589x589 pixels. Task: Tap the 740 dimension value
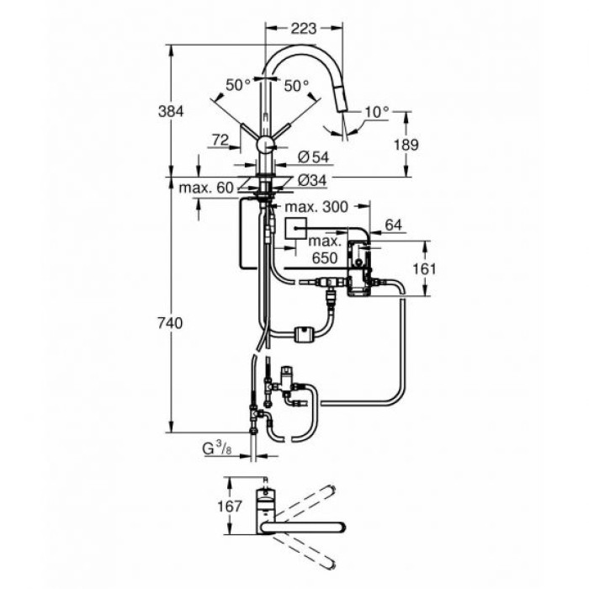pos(172,321)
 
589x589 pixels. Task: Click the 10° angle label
pos(376,111)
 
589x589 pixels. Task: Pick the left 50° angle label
pos(238,85)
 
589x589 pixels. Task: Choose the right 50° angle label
pos(295,85)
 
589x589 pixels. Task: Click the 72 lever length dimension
pos(220,141)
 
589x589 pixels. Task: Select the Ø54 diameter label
pos(313,157)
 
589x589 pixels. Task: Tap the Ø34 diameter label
pos(313,179)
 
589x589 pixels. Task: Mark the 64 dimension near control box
pos(392,225)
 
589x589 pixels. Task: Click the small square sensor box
pos(296,229)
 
